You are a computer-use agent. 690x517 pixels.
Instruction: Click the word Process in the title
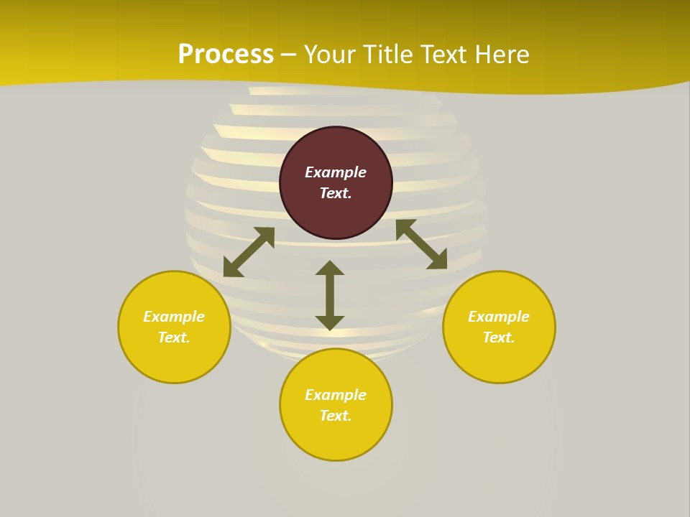pos(226,55)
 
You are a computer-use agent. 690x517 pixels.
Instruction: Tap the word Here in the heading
pos(500,55)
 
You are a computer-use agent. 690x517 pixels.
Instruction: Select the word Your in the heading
pos(330,55)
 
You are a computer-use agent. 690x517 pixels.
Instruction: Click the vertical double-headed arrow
pos(330,295)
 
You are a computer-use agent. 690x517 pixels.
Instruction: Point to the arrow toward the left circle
pos(249,252)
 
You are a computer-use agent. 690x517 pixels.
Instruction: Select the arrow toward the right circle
pos(421,244)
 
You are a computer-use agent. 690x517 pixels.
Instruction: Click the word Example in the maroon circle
pos(336,172)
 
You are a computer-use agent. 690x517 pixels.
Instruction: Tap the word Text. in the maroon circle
pos(336,193)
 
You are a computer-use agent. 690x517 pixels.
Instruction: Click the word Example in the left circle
pos(174,317)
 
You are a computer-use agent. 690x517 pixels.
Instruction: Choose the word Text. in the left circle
pos(174,337)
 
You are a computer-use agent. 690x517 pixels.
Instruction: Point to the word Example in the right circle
pos(499,317)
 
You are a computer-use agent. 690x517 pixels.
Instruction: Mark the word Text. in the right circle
pos(499,337)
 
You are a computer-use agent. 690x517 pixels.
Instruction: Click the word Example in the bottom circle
pos(336,395)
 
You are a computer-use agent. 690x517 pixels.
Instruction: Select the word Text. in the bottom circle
pos(336,416)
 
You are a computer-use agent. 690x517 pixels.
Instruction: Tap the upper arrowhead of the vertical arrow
pos(330,268)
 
